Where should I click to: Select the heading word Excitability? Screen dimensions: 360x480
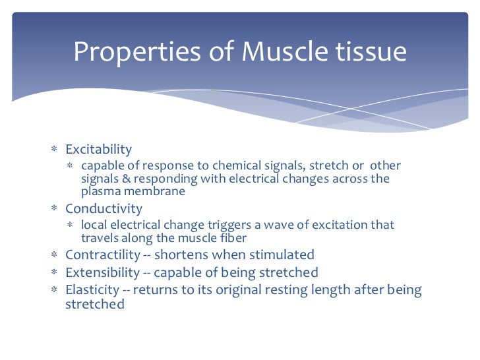98,149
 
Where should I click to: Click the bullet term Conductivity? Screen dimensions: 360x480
104,208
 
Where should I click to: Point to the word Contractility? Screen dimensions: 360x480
102,255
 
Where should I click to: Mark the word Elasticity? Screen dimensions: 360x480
93,290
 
